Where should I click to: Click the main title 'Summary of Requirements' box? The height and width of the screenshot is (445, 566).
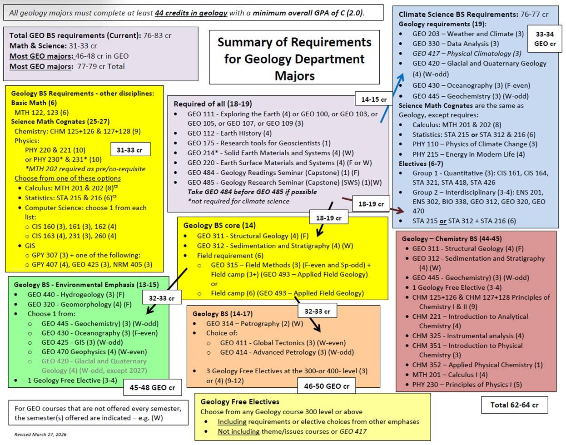[x=294, y=58]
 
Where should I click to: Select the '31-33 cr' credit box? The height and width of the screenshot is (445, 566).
[x=129, y=150]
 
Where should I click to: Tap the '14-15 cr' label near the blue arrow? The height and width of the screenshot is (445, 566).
[x=374, y=99]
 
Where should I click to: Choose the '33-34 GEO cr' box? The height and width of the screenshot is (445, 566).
[x=544, y=39]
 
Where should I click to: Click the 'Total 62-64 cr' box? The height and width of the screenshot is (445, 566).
[x=514, y=405]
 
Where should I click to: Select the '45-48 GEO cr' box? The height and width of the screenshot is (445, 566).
[x=152, y=387]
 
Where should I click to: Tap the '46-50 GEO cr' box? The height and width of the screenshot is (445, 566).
[x=327, y=386]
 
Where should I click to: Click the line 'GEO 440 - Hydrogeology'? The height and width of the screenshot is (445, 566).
[x=76, y=295]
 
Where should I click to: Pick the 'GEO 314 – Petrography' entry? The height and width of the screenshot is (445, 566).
[x=254, y=324]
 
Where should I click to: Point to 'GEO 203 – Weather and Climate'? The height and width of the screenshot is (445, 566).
[x=468, y=34]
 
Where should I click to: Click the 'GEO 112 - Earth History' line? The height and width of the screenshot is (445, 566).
[x=229, y=133]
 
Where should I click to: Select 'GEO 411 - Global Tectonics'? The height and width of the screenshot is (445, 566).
[x=283, y=343]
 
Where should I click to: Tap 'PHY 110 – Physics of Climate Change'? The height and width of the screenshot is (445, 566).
[x=475, y=144]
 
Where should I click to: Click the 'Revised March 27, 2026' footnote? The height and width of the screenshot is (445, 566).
[x=40, y=435]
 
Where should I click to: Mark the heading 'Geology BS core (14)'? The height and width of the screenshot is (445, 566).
[x=219, y=225]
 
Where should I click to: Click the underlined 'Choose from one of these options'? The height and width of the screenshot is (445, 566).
[x=68, y=178]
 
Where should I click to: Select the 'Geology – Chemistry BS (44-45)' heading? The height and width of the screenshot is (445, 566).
[x=452, y=239]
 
